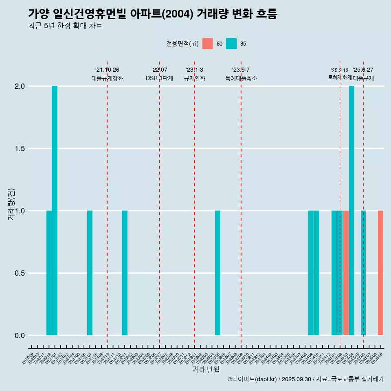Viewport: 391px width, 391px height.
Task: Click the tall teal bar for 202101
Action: tap(55, 211)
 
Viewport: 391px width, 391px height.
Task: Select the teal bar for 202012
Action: tap(49, 273)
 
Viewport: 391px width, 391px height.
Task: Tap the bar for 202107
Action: tap(90, 273)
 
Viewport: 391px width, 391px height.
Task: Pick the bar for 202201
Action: tap(125, 273)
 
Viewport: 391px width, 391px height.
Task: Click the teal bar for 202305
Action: tap(217, 273)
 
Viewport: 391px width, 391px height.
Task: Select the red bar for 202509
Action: tap(380, 273)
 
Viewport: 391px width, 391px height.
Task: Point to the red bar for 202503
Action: tap(346, 273)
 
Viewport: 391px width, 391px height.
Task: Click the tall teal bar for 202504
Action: tap(351, 211)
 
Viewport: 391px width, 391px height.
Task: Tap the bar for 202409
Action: tap(311, 273)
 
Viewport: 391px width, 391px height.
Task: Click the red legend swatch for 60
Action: tap(208, 44)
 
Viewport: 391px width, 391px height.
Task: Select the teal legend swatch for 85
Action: tap(231, 44)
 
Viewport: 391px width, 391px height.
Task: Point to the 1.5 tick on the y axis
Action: tap(20, 149)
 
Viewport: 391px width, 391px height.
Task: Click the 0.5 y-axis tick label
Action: tap(20, 273)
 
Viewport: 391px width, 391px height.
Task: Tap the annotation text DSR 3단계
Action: tap(159, 78)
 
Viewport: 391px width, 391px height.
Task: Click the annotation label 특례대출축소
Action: tap(241, 78)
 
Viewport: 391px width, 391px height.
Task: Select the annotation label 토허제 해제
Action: tap(340, 77)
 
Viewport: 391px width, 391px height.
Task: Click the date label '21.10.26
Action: tap(107, 70)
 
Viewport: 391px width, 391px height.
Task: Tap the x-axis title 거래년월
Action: tap(206, 370)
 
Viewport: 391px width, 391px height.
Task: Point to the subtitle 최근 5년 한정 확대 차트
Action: tap(65, 26)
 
